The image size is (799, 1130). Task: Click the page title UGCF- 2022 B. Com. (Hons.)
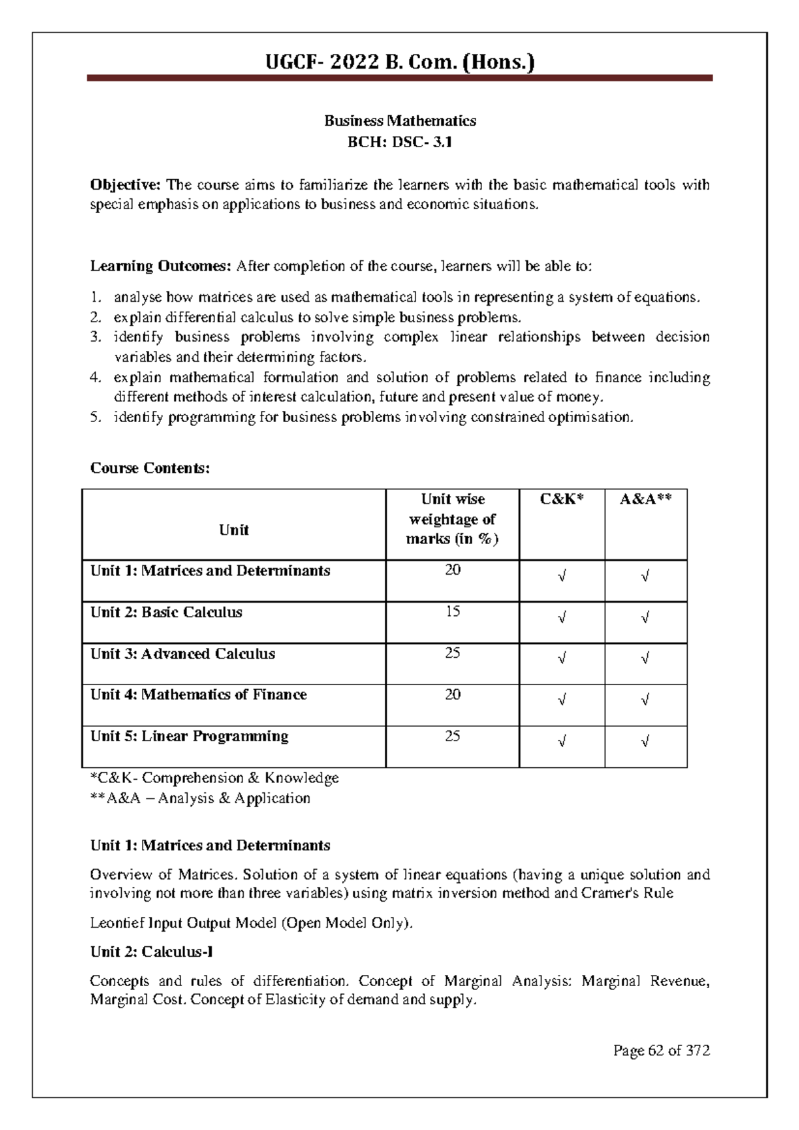(x=400, y=63)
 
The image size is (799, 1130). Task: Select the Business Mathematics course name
(x=400, y=121)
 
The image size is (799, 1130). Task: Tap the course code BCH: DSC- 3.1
(x=400, y=141)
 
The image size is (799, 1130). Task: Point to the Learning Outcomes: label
(x=160, y=266)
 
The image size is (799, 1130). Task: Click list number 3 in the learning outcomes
(x=96, y=337)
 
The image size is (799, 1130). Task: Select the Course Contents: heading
(x=150, y=468)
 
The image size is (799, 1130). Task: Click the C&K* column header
(x=561, y=499)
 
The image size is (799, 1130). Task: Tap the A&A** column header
(x=645, y=499)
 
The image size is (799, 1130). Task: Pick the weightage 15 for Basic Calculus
(x=452, y=611)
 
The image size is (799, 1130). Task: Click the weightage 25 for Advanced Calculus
(x=452, y=653)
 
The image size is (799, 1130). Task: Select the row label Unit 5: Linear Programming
(x=189, y=736)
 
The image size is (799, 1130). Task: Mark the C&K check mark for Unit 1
(x=562, y=577)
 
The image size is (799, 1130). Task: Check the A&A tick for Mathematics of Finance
(x=645, y=701)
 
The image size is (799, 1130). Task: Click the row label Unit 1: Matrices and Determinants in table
(x=210, y=571)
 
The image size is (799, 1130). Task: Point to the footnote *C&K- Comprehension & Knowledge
(x=214, y=778)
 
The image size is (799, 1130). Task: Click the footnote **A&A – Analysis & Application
(x=200, y=798)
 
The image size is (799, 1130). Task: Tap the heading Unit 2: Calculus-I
(x=151, y=952)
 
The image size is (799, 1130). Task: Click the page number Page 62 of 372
(x=661, y=1051)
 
